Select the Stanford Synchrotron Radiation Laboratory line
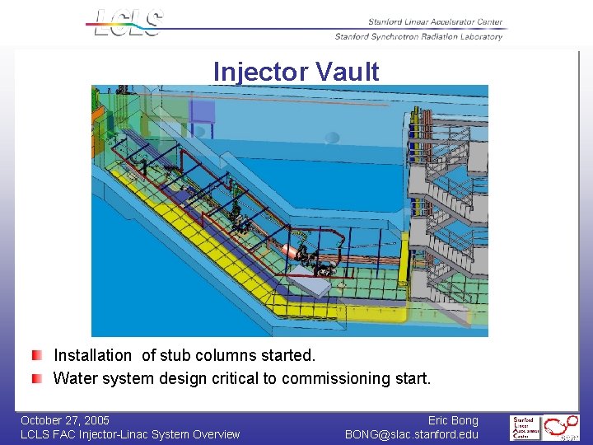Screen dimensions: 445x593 coord(418,36)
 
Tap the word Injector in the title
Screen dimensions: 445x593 coord(259,73)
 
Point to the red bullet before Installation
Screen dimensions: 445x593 coord(38,356)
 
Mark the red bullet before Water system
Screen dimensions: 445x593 coord(38,378)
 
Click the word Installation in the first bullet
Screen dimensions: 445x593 coord(92,356)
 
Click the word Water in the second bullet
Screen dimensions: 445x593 coord(73,379)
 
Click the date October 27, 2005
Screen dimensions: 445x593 coord(65,420)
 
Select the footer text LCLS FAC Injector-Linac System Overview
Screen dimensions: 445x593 coord(130,434)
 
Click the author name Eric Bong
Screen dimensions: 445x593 coord(452,420)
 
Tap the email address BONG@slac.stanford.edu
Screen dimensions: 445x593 coord(411,434)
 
